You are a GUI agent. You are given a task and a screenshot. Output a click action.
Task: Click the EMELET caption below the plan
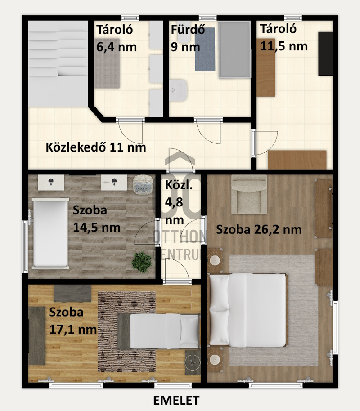pos(176,401)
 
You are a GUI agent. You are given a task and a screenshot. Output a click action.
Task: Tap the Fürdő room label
pos(188,29)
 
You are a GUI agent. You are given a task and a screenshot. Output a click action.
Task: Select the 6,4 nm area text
pos(117,47)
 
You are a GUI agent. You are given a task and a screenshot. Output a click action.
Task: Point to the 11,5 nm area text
pos(284,46)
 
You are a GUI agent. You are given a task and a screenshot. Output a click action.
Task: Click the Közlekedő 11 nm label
pos(96,147)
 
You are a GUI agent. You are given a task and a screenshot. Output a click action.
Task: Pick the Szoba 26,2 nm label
pos(259,230)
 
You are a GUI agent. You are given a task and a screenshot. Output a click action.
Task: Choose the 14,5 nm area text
pos(97,227)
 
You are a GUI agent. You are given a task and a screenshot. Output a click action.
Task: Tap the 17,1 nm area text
pos(73,330)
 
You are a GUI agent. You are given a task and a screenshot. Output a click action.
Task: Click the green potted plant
pos(142,262)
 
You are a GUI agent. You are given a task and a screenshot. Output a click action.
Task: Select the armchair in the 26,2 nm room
pos(249,195)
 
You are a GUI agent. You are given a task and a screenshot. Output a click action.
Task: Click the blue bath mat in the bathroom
pos(205,49)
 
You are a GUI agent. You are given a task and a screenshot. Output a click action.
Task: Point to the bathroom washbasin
pos(178,90)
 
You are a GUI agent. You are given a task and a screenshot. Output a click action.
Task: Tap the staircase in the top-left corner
pos(58,64)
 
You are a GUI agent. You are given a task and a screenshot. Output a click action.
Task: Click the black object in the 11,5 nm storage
pos(326,54)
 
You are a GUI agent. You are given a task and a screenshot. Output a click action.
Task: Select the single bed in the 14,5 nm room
pos(50,233)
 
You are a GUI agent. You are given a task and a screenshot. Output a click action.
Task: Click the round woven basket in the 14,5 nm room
pos(143,185)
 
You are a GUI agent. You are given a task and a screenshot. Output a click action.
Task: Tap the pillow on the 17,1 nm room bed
pos(189,331)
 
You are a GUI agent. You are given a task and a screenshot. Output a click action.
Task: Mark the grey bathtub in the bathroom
pos(235,50)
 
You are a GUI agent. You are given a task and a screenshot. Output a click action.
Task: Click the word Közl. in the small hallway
pos(179,185)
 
